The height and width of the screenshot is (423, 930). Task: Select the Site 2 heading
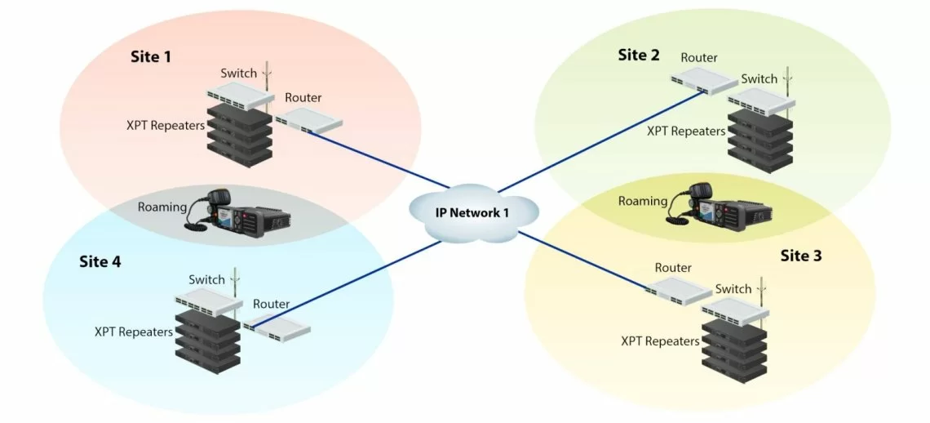(639, 55)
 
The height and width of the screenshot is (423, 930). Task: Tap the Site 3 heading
(801, 256)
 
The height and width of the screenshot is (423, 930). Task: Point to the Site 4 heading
(100, 261)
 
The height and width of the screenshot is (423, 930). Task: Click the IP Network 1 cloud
(474, 212)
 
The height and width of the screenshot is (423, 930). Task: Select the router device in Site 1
(308, 122)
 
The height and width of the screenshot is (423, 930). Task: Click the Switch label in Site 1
(239, 73)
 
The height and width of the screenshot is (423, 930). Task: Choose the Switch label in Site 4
(206, 279)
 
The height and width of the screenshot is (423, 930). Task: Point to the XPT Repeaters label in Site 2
(685, 131)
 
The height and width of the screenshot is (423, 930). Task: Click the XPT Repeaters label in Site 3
(660, 341)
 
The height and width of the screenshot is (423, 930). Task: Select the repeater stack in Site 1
(238, 131)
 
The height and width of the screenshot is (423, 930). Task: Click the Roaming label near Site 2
(642, 201)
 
